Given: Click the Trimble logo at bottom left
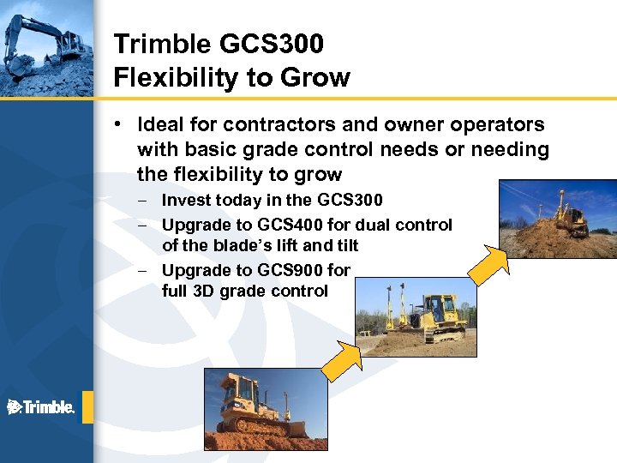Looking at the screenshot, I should (40, 407).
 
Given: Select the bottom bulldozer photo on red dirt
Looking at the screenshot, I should (254, 409).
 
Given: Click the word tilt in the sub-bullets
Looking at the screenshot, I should (345, 245).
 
